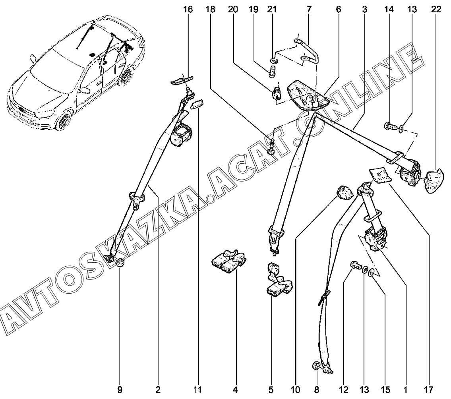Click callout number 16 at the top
click(x=188, y=9)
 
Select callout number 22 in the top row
click(x=436, y=9)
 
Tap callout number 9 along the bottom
click(x=120, y=389)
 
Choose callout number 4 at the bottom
click(x=235, y=389)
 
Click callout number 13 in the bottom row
click(x=364, y=389)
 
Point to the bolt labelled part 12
click(x=354, y=265)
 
